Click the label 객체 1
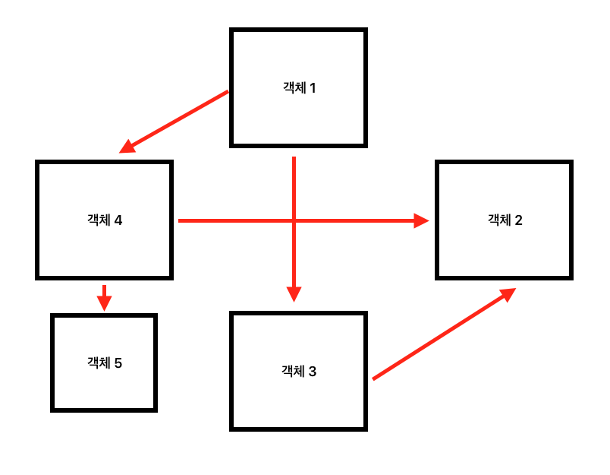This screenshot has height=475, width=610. pos(299,87)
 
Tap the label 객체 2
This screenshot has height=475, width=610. pos(505,220)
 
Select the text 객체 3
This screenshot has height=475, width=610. pos(299,372)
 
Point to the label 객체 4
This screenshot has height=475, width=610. pos(105,220)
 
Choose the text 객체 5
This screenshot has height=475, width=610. pos(105,363)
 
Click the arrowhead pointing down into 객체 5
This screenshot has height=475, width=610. pos(105,303)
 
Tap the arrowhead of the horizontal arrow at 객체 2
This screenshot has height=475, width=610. pos(421,221)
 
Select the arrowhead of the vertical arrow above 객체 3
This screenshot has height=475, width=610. pos(294,294)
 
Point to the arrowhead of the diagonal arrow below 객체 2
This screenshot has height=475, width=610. pos(508,293)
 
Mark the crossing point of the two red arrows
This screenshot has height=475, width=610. pos(294,221)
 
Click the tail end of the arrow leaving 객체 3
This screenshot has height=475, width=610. pos(373,378)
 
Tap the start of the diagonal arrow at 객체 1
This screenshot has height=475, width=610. pos(227,92)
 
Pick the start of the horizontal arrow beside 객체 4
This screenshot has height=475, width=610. pos(179,221)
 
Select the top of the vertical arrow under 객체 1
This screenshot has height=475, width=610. pos(294,158)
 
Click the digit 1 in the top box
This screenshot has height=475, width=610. pos(312,87)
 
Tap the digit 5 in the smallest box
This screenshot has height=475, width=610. pos(118,363)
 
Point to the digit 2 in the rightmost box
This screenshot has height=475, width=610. pos(518,220)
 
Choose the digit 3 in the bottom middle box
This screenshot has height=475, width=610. pos(313,372)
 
